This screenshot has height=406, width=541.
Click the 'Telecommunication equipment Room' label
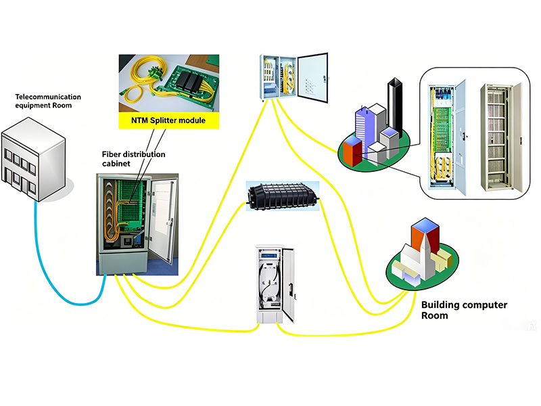click(48, 101)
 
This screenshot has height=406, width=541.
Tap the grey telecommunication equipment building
click(33, 159)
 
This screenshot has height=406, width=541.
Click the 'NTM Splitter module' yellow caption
click(168, 120)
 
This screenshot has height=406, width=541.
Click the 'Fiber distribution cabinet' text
click(133, 159)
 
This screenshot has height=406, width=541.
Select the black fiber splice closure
click(283, 196)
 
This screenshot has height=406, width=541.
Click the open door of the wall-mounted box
click(313, 78)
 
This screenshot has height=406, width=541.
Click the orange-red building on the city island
click(352, 151)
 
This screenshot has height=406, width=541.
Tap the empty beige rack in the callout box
click(500, 137)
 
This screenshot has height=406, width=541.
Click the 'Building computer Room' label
click(464, 310)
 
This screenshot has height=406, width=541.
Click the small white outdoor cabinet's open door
click(289, 284)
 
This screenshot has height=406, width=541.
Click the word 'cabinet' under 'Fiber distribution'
click(116, 163)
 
